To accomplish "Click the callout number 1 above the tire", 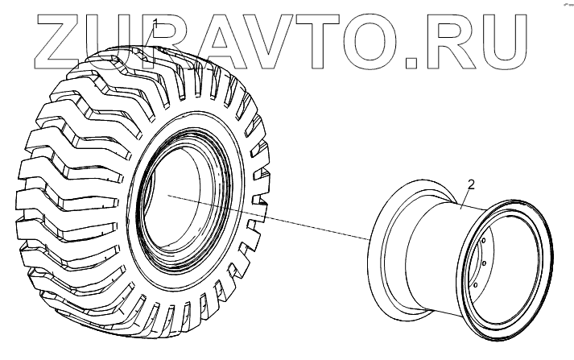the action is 156,23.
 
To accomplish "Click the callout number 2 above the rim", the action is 471,184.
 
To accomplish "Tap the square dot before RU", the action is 412,63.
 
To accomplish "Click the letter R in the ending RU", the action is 452,42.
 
